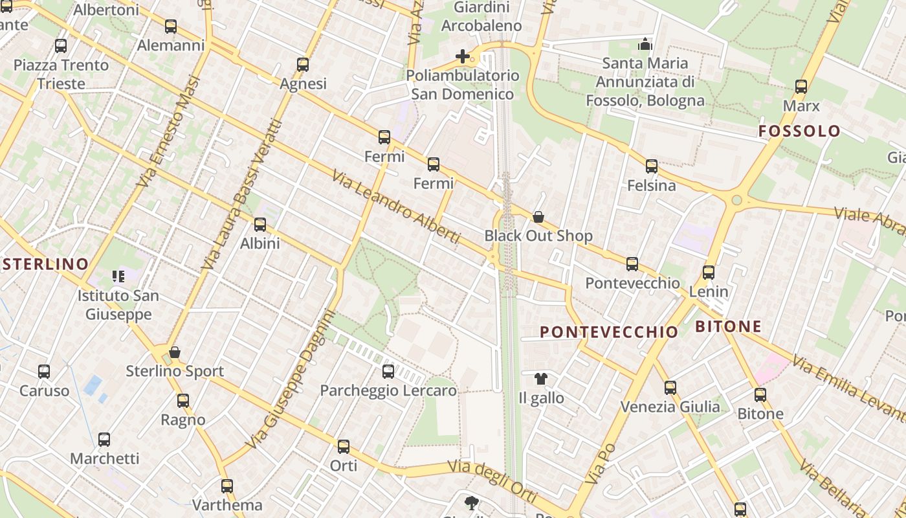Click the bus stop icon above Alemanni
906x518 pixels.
(171, 27)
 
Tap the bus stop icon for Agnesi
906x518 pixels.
(303, 65)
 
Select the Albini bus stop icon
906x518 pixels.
(260, 225)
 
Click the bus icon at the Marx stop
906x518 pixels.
(801, 87)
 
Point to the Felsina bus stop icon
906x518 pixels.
(652, 166)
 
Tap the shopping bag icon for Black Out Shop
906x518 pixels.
(538, 217)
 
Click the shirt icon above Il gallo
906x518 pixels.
(541, 379)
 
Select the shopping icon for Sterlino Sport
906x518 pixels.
(174, 352)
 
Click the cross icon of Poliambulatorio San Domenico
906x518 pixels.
(463, 56)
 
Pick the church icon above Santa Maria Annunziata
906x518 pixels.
(645, 44)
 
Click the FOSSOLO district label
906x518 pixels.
(799, 131)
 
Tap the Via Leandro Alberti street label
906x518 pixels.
(396, 207)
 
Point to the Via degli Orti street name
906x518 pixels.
(492, 480)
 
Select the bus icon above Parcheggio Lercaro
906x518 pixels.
(388, 372)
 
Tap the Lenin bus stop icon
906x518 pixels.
(709, 273)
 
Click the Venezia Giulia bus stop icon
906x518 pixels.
(670, 388)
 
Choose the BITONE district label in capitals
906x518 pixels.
(729, 327)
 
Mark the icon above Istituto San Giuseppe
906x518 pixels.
(118, 276)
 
